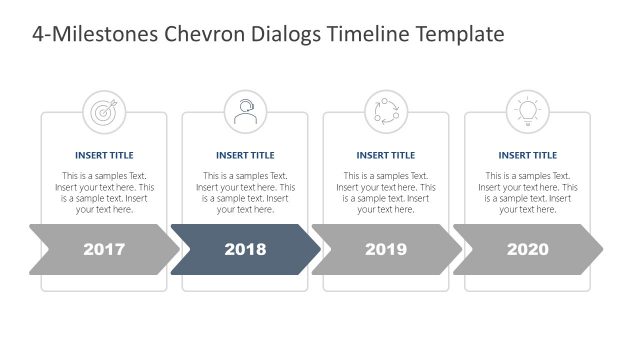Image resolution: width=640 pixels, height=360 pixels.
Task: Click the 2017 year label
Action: (104, 249)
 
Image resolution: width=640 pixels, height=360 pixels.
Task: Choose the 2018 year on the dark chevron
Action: (245, 249)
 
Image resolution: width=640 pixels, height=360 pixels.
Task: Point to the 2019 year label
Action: (386, 249)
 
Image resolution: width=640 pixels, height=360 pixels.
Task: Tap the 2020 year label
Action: (527, 249)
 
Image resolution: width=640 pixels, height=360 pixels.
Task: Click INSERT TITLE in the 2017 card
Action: (104, 155)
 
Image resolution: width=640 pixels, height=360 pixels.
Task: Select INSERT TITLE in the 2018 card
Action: (245, 155)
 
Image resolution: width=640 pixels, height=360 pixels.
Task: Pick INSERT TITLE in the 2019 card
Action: (386, 155)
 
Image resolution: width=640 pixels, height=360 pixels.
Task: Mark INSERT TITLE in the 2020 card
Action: (527, 155)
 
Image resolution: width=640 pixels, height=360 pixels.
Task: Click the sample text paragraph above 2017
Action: (104, 193)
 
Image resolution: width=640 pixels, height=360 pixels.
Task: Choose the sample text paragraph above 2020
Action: (527, 193)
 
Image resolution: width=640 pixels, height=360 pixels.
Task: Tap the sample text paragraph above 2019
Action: (386, 193)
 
